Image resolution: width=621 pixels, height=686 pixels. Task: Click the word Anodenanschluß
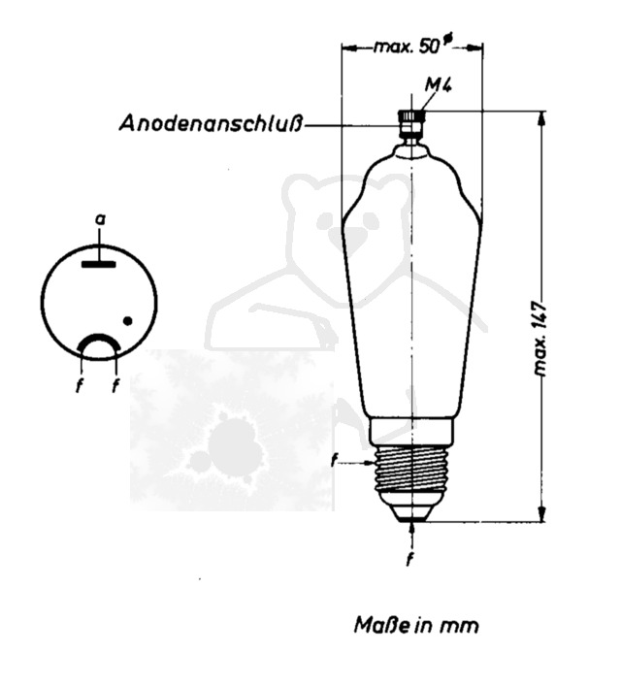[212, 124]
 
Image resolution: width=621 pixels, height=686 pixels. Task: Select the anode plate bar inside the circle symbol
[98, 262]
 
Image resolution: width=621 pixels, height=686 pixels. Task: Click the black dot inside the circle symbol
[127, 320]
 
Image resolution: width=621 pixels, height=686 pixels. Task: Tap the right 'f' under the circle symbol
[116, 385]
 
